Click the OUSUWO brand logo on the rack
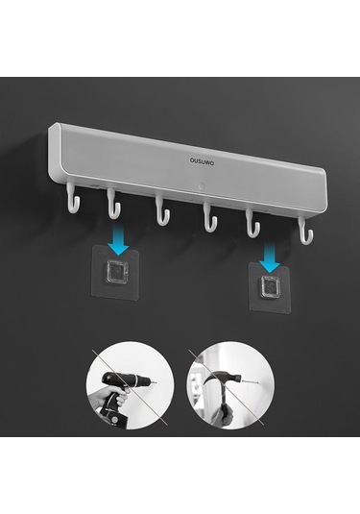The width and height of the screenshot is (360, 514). [203, 161]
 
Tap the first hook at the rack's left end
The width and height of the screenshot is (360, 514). [73, 199]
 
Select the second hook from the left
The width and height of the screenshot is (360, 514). [113, 205]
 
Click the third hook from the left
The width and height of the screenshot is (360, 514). [162, 211]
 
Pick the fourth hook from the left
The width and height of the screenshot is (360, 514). [209, 218]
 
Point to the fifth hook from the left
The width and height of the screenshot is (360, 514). [252, 224]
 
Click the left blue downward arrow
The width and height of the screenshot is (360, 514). [117, 241]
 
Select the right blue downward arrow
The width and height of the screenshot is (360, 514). [269, 258]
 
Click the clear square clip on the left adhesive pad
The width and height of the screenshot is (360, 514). [115, 271]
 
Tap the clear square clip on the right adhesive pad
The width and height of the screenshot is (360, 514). [270, 286]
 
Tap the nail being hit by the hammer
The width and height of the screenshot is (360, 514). [251, 380]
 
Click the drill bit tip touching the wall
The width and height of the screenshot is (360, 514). [155, 382]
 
